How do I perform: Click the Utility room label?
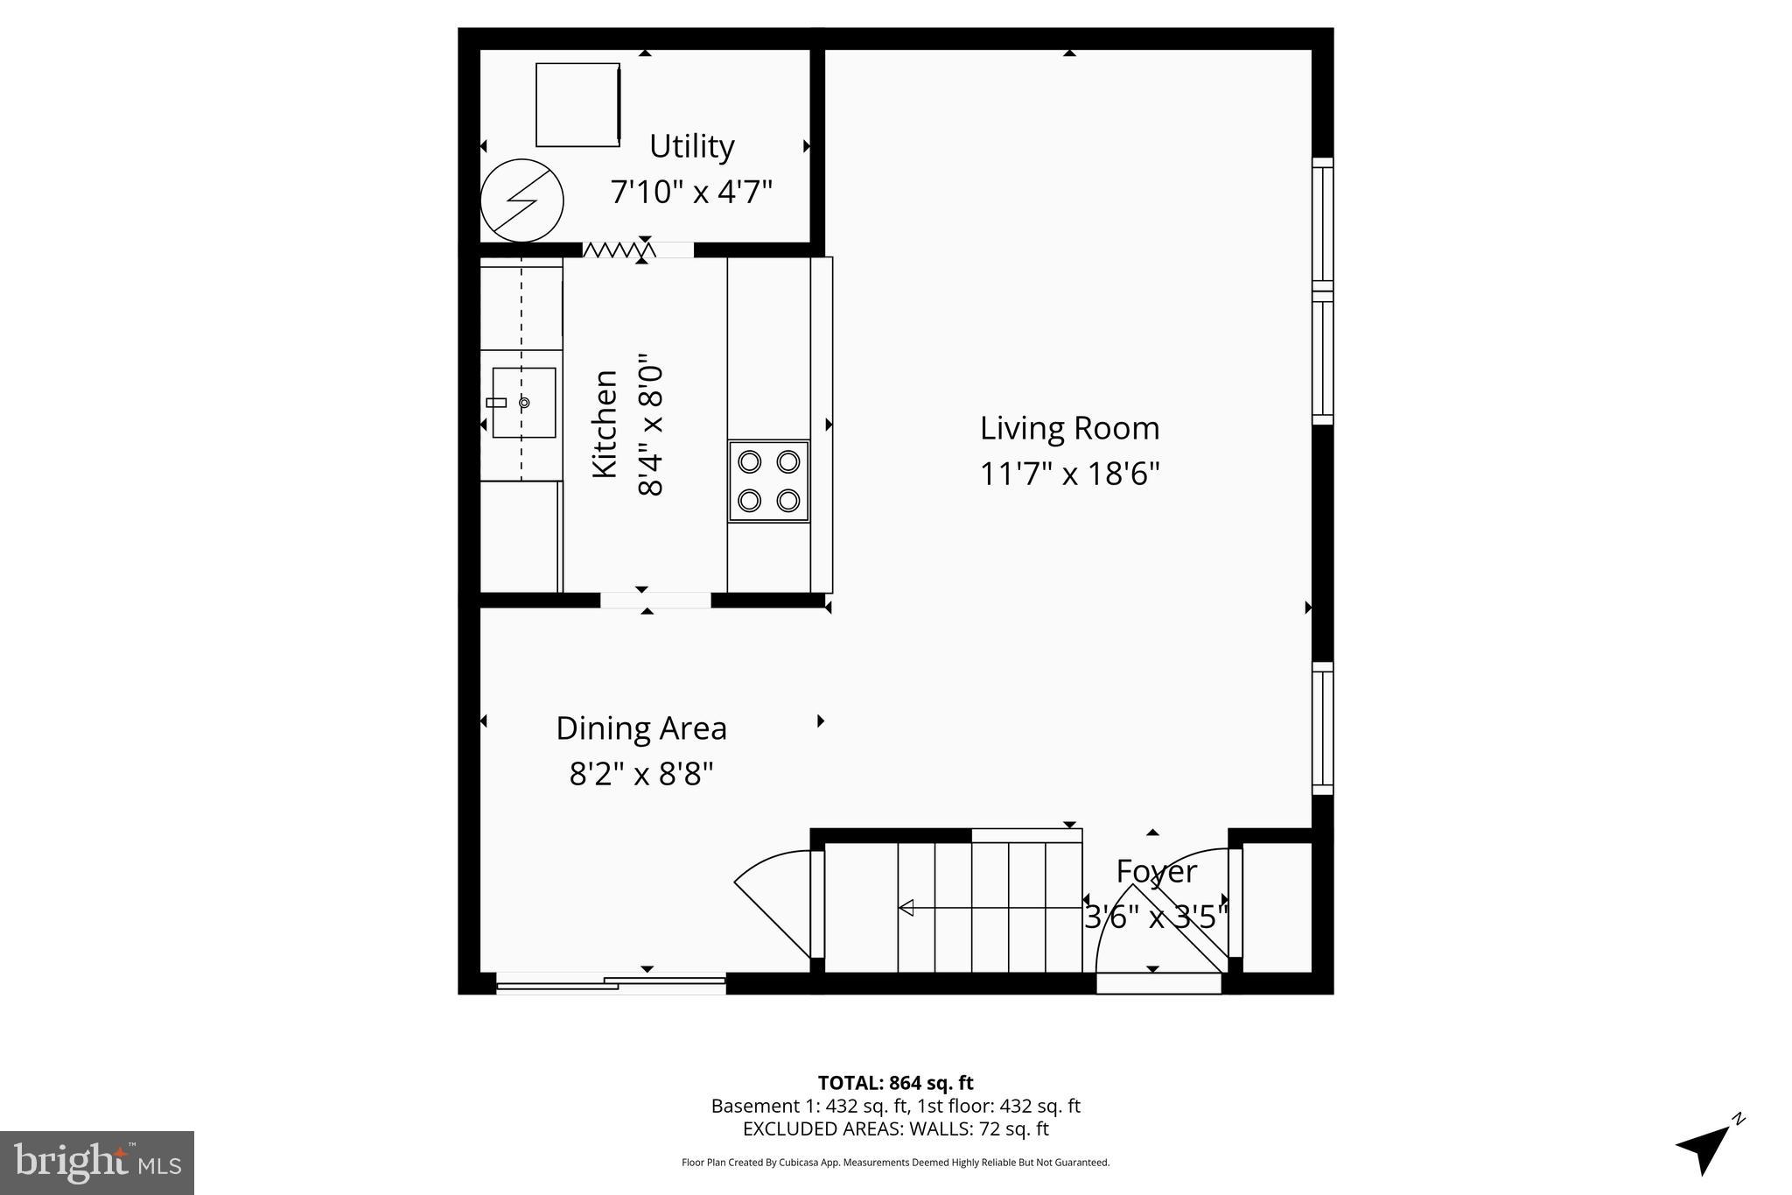[x=691, y=146]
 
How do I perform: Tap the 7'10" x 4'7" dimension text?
[x=691, y=192]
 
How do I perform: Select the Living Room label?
[x=1069, y=428]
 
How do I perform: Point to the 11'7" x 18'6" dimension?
[x=1069, y=474]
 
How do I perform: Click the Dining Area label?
[x=641, y=728]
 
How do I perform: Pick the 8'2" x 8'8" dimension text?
[x=641, y=774]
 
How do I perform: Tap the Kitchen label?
[x=605, y=424]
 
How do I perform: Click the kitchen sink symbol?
[x=523, y=403]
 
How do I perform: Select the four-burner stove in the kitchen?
[x=769, y=482]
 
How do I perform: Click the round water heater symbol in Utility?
[x=521, y=200]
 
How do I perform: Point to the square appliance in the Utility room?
[x=577, y=104]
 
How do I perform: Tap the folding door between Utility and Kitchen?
[x=618, y=250]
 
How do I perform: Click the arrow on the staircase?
[x=907, y=908]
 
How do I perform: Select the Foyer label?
[x=1156, y=872]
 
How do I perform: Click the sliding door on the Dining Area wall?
[x=611, y=983]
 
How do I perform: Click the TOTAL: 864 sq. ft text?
[x=895, y=1083]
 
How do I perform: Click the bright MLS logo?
[x=97, y=1163]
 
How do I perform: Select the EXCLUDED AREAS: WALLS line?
[x=895, y=1129]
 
